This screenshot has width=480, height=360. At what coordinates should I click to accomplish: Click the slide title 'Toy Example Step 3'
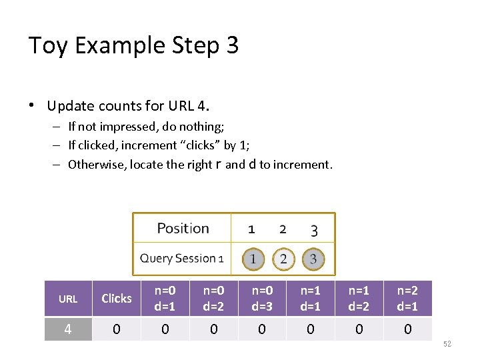(133, 45)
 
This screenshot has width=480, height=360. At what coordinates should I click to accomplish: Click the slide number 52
(447, 343)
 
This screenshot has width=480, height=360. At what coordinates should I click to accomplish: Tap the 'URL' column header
(68, 299)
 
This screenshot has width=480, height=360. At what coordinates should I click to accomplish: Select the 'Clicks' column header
(117, 299)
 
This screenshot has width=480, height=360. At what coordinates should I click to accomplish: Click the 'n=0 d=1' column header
(165, 298)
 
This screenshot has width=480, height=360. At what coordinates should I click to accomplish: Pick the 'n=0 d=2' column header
(213, 298)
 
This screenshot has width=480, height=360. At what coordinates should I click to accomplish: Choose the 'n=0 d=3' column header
(262, 298)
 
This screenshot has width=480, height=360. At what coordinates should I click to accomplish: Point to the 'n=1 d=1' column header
(310, 298)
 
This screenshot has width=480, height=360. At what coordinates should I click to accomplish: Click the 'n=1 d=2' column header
(359, 298)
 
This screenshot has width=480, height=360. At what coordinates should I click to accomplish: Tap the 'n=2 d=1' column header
(407, 298)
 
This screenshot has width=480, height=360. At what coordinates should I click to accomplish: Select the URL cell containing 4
(68, 329)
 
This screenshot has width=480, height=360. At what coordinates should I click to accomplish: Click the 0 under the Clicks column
(117, 329)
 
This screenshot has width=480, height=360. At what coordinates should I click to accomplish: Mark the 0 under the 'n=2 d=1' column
(407, 329)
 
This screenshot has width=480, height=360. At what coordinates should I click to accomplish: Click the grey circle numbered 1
(253, 259)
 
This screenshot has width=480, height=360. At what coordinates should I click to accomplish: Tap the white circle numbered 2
(283, 259)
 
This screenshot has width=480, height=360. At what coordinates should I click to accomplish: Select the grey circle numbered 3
(313, 259)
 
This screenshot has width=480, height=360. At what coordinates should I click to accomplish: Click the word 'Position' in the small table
(183, 229)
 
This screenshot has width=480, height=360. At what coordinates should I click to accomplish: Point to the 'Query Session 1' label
(181, 259)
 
